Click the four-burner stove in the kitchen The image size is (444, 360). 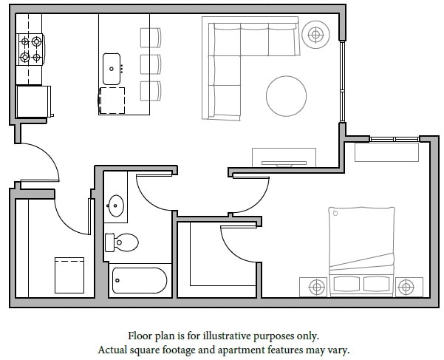click(x=30, y=50)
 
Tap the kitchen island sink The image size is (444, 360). click(x=112, y=68)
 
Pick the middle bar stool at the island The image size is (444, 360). click(x=150, y=63)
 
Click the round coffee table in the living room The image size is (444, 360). click(x=286, y=96)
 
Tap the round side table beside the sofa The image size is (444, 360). click(x=316, y=33)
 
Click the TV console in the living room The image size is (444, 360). click(x=284, y=157)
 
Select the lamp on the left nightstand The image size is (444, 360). click(x=316, y=285)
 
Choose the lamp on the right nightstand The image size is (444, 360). click(x=405, y=285)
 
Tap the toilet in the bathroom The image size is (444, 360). click(x=123, y=241)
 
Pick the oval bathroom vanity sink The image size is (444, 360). click(x=116, y=205)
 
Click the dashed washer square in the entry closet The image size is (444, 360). click(x=69, y=274)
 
